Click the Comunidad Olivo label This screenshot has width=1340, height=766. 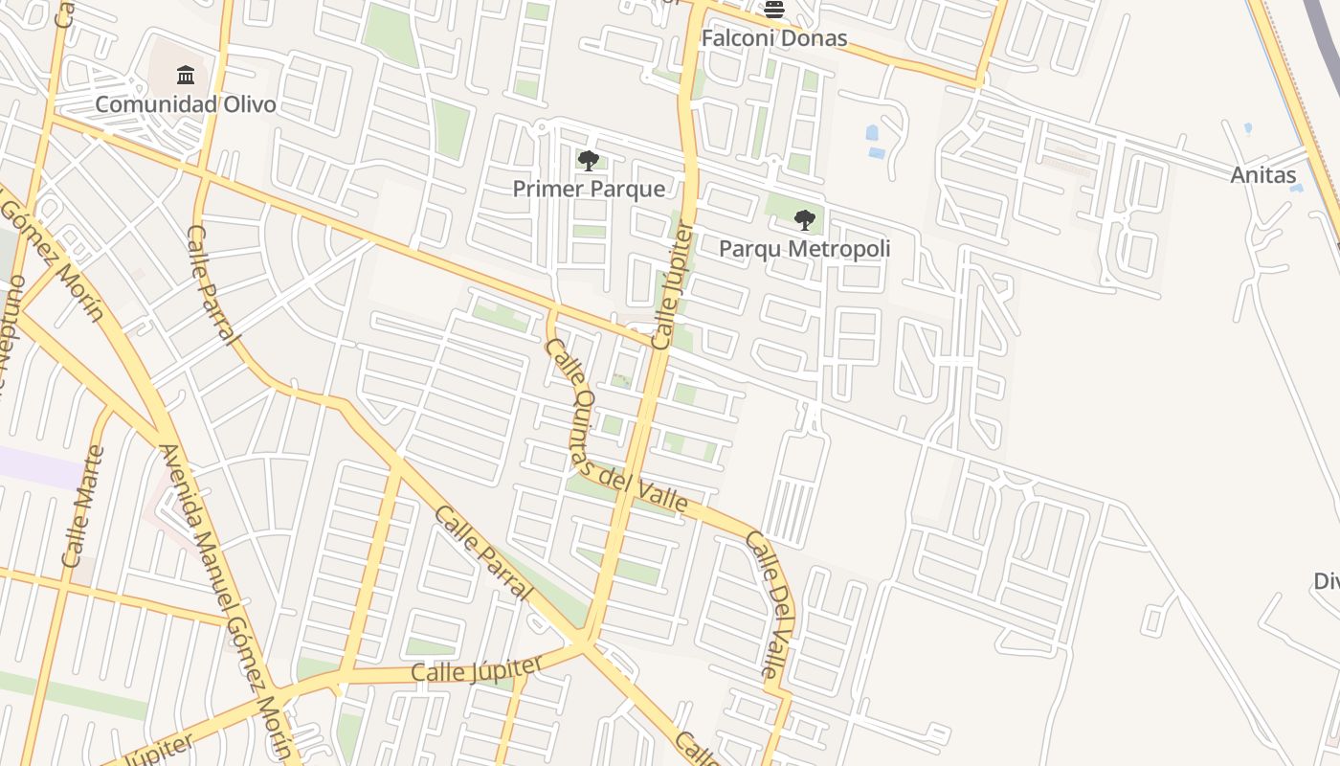185,104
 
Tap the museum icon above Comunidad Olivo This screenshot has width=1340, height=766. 186,75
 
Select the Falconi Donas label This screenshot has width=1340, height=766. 773,38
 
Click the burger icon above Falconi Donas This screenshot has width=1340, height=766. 774,10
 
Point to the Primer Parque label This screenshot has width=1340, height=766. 589,189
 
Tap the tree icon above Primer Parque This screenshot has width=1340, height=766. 589,160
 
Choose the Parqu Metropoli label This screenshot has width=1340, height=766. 804,249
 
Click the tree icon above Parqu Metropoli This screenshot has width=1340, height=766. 805,220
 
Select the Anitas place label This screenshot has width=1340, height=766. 1262,175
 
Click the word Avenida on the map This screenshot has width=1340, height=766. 182,484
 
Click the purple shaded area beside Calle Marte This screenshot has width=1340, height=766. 38,467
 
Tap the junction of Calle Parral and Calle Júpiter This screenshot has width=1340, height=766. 582,642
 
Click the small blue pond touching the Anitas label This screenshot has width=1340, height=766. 1297,188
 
